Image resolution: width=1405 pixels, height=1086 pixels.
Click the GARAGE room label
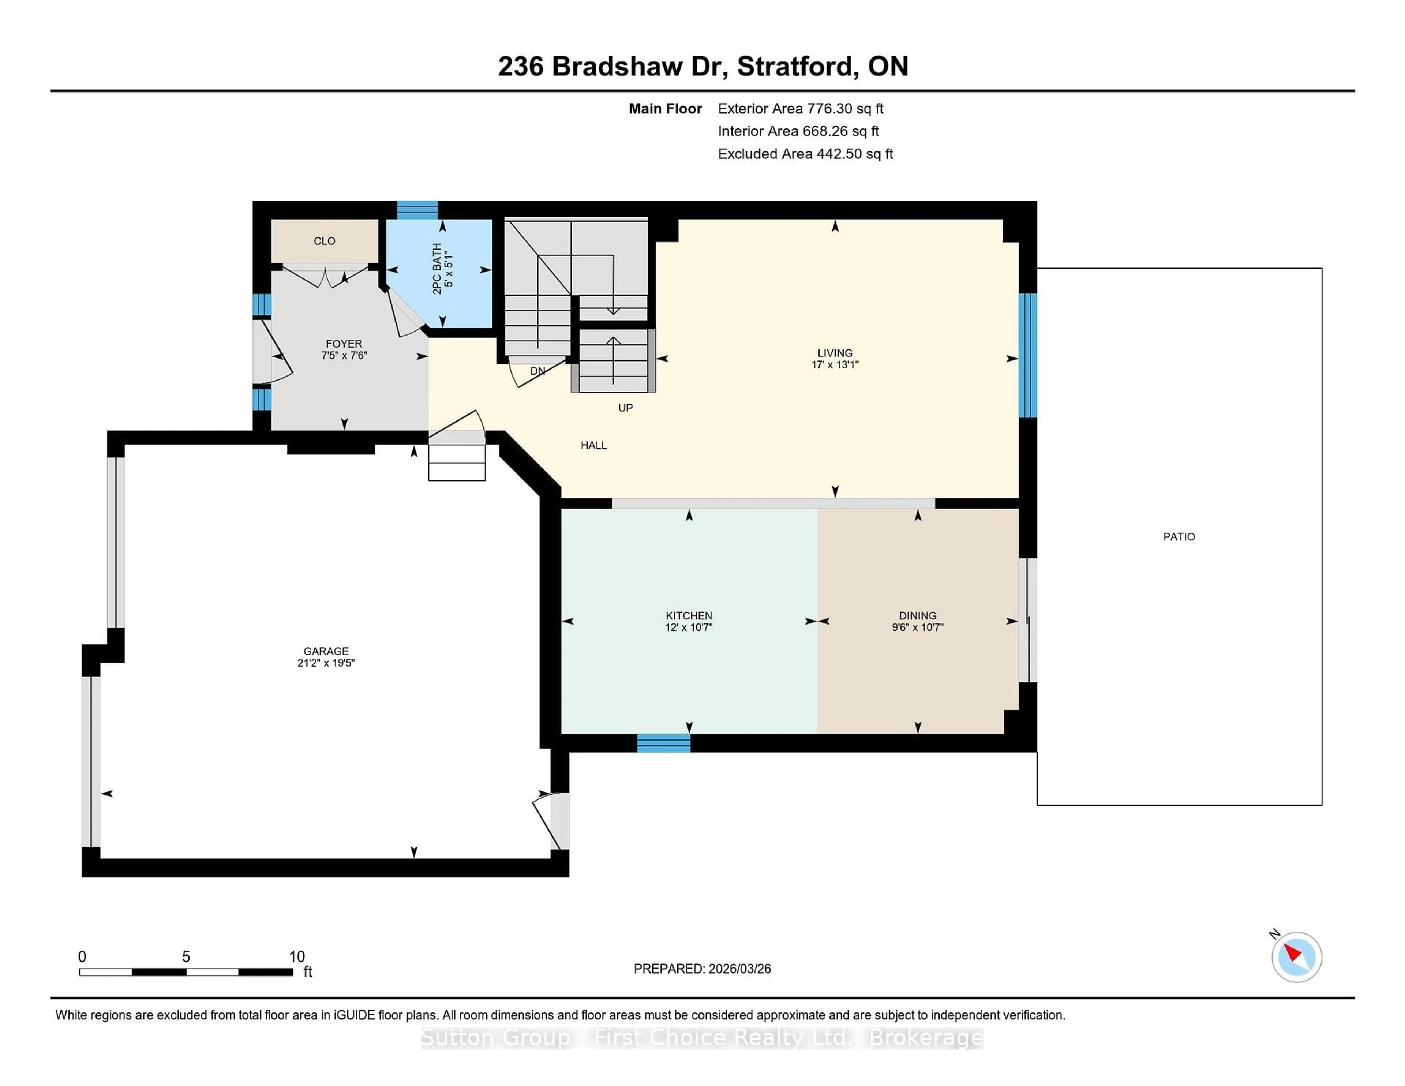coord(326,651)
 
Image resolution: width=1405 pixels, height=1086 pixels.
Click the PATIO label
coord(1179,536)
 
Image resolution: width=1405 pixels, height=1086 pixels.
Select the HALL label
coord(593,445)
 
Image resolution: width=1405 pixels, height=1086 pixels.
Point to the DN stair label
coord(537,371)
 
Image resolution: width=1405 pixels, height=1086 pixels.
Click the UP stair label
coord(625,408)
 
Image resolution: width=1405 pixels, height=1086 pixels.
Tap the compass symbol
coord(1296,957)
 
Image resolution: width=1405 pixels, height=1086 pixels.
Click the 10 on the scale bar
coord(297,957)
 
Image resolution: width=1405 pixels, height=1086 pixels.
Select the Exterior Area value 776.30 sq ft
coord(845,109)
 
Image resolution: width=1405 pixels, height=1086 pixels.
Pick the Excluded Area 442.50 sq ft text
coord(805,154)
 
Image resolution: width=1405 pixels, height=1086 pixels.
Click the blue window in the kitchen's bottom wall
coord(663,743)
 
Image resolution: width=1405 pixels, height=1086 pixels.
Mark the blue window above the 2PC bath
coord(417,210)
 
